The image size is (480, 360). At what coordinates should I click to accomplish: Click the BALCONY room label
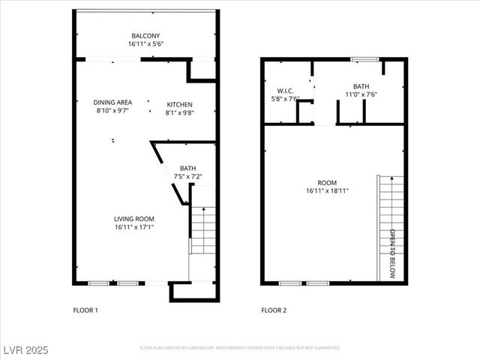[x=145, y=36]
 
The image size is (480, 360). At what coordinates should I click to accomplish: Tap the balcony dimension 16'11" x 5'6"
[x=145, y=44]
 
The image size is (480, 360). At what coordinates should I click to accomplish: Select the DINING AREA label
[x=112, y=102]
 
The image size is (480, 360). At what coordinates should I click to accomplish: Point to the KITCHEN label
[x=179, y=104]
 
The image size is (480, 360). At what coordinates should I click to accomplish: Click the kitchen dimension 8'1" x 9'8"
[x=179, y=112]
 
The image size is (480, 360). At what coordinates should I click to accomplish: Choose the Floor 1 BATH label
[x=187, y=168]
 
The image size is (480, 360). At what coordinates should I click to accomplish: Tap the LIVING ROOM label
[x=134, y=218]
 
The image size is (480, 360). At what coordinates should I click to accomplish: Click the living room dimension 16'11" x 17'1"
[x=134, y=226]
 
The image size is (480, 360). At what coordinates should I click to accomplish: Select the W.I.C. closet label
[x=284, y=90]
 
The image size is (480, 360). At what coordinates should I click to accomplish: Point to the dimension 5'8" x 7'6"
[x=284, y=98]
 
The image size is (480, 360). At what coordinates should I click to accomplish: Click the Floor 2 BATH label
[x=361, y=86]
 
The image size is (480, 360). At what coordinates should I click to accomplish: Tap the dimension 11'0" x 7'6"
[x=361, y=94]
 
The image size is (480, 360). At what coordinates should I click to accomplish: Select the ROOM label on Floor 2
[x=327, y=182]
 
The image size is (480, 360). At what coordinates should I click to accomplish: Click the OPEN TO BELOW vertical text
[x=391, y=253]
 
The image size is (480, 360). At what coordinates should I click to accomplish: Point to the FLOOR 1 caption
[x=85, y=310]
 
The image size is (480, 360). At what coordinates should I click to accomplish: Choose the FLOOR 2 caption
[x=273, y=310]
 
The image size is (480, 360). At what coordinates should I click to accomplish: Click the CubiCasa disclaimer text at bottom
[x=240, y=348]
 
